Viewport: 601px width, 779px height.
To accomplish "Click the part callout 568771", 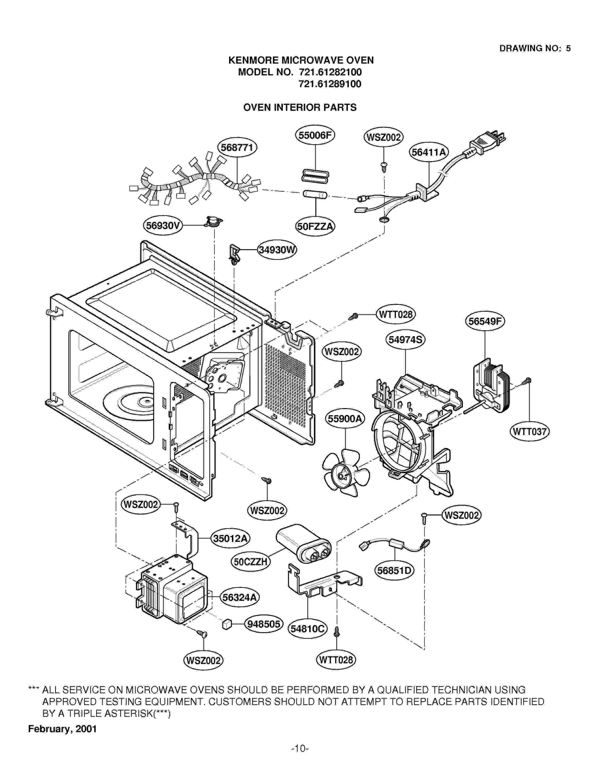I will [237, 147].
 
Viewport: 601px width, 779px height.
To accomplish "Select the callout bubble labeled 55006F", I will [315, 135].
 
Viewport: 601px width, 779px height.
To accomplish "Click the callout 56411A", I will [429, 152].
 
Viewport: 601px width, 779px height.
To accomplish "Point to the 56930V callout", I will [163, 225].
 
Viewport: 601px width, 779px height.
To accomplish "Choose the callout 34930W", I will [277, 250].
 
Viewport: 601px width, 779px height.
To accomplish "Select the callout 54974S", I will [405, 340].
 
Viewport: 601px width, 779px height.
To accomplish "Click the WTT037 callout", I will [529, 431].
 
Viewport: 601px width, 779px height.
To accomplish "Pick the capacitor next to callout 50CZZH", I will [304, 543].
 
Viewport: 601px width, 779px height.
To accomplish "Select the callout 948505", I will [263, 624].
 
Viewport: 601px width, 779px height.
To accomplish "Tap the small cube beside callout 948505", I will [227, 625].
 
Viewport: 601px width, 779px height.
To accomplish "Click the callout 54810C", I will [307, 629].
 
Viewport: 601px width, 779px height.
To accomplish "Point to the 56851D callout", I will [394, 571].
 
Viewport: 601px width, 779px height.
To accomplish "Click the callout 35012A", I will [230, 538].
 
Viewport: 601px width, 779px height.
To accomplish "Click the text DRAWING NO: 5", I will [535, 48].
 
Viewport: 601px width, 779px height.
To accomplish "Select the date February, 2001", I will [62, 729].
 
